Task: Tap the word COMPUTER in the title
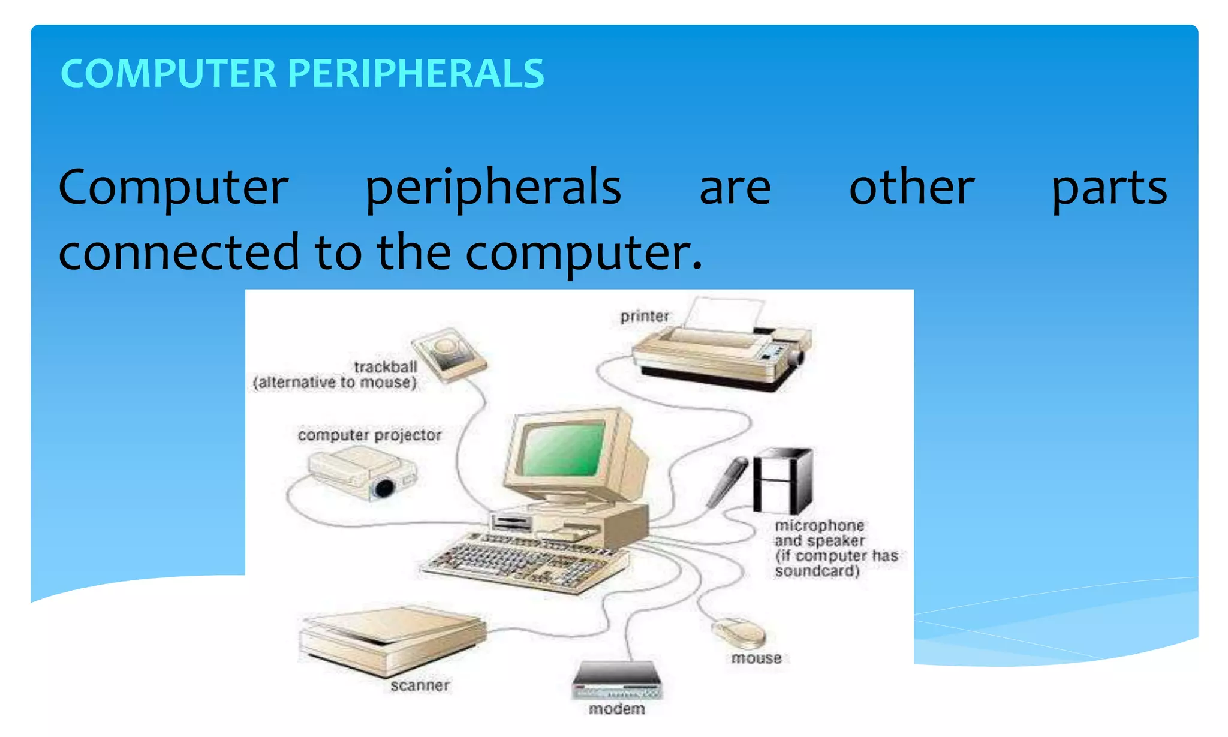(x=168, y=74)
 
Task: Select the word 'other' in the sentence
(x=911, y=188)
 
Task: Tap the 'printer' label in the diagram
(x=645, y=316)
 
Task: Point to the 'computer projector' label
(x=369, y=435)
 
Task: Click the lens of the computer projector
(x=384, y=488)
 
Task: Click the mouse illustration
(x=739, y=633)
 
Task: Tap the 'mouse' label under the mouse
(x=756, y=658)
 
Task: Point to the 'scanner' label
(x=420, y=685)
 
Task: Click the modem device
(x=616, y=681)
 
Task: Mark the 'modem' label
(x=617, y=709)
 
